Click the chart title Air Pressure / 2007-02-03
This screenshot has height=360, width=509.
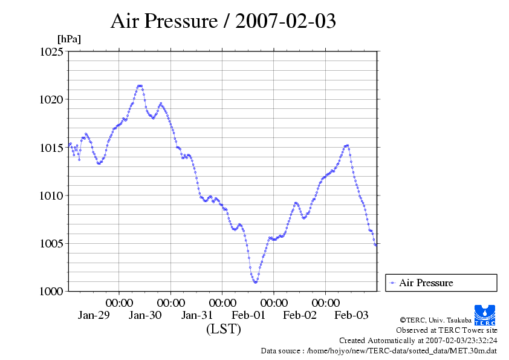click(x=223, y=22)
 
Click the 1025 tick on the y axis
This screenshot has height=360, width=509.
click(x=51, y=51)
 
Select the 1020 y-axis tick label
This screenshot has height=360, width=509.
click(x=51, y=99)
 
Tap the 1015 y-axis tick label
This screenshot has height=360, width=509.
click(x=51, y=148)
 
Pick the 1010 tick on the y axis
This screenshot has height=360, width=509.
click(x=51, y=195)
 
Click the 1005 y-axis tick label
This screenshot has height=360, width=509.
click(x=51, y=244)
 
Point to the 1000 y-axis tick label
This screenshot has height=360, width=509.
click(x=51, y=292)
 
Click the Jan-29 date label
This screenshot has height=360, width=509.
click(x=94, y=315)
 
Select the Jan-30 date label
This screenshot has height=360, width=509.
click(x=145, y=315)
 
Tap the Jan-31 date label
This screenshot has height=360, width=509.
click(x=197, y=315)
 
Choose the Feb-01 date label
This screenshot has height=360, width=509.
click(x=248, y=315)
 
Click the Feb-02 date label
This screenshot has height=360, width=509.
click(x=300, y=315)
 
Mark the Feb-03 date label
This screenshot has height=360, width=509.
click(x=351, y=315)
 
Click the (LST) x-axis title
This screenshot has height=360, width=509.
click(x=224, y=330)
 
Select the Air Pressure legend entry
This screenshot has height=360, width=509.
click(x=426, y=283)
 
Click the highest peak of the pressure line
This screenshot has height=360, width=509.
click(x=140, y=86)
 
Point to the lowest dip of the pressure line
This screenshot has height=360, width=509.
click(x=256, y=282)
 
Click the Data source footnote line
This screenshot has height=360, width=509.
click(x=379, y=351)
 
